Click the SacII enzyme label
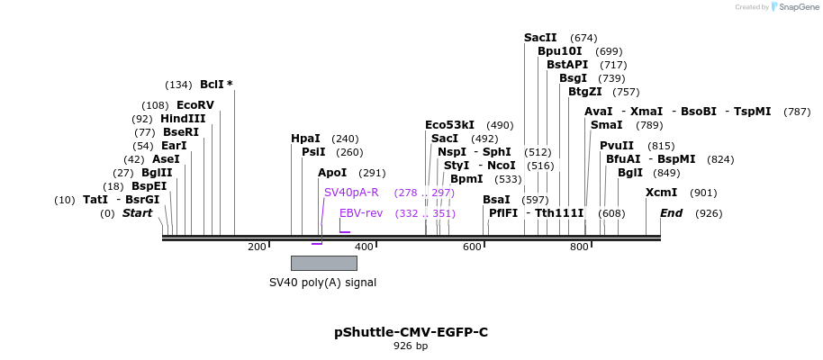coord(540,38)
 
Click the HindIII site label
coord(183,119)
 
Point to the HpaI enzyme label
coord(305,139)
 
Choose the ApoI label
coord(332,173)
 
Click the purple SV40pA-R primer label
coord(351,193)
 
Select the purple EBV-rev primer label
coord(361,213)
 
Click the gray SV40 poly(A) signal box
coord(323,263)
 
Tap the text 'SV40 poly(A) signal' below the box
coord(322,283)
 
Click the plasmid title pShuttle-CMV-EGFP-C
coord(411,332)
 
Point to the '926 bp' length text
coord(411,346)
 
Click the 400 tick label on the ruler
coord(365,247)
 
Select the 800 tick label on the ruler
coord(579,247)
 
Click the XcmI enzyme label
coord(661,193)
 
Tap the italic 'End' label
coord(671,213)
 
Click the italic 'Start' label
coord(137,213)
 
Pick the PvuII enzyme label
coord(617,146)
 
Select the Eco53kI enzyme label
coord(449,125)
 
